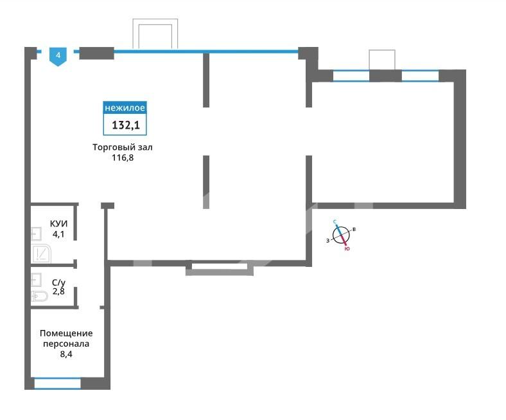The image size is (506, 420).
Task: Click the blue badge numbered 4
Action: [x=58, y=56]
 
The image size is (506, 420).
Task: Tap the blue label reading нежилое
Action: [x=125, y=107]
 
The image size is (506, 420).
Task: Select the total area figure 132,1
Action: [x=126, y=125]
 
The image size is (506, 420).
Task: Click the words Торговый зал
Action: [x=123, y=147]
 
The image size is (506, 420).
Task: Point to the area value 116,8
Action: [x=123, y=158]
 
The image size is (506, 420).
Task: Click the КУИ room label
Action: [x=58, y=224]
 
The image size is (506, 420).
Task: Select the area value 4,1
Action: [x=58, y=234]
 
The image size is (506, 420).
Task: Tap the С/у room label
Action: [x=58, y=282]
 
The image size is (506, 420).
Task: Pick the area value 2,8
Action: [x=58, y=291]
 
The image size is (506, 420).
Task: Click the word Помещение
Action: [x=66, y=333]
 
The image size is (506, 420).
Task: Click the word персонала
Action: [x=66, y=343]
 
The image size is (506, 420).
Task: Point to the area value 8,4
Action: [x=66, y=354]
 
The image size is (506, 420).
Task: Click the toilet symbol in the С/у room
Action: [x=39, y=296]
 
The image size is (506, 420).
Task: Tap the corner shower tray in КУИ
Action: [x=41, y=254]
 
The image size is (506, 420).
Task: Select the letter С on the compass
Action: [x=335, y=222]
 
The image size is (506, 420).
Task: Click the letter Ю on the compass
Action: [x=347, y=249]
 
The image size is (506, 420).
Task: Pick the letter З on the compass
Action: [x=328, y=241]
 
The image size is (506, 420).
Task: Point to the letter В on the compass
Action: [x=354, y=229]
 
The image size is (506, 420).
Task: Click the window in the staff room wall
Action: [x=57, y=383]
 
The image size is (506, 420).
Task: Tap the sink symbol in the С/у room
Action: [x=36, y=280]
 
